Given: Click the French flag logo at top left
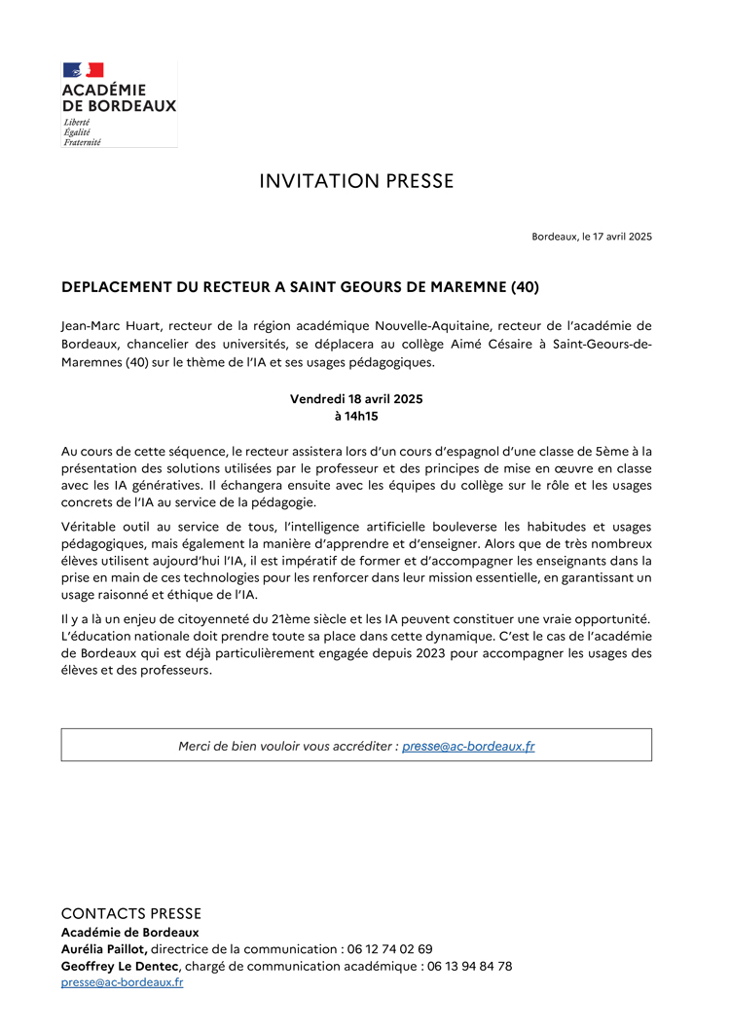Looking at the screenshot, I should click(x=83, y=70).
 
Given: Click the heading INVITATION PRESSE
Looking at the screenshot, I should click(x=356, y=181).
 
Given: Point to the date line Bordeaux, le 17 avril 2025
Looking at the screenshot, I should click(x=592, y=237).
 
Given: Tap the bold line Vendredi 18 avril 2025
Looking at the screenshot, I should click(x=356, y=399).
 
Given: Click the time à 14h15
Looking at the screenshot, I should click(x=356, y=416).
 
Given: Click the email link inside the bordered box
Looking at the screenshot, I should click(x=468, y=746).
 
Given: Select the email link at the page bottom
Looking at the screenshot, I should click(x=123, y=982).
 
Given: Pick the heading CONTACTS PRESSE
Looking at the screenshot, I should click(x=131, y=913).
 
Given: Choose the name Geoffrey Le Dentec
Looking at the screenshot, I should click(x=121, y=966).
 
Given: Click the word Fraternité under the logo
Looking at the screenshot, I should click(x=82, y=141).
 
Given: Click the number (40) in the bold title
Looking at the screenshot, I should click(x=522, y=287).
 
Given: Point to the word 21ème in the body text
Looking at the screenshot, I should click(x=272, y=619).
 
